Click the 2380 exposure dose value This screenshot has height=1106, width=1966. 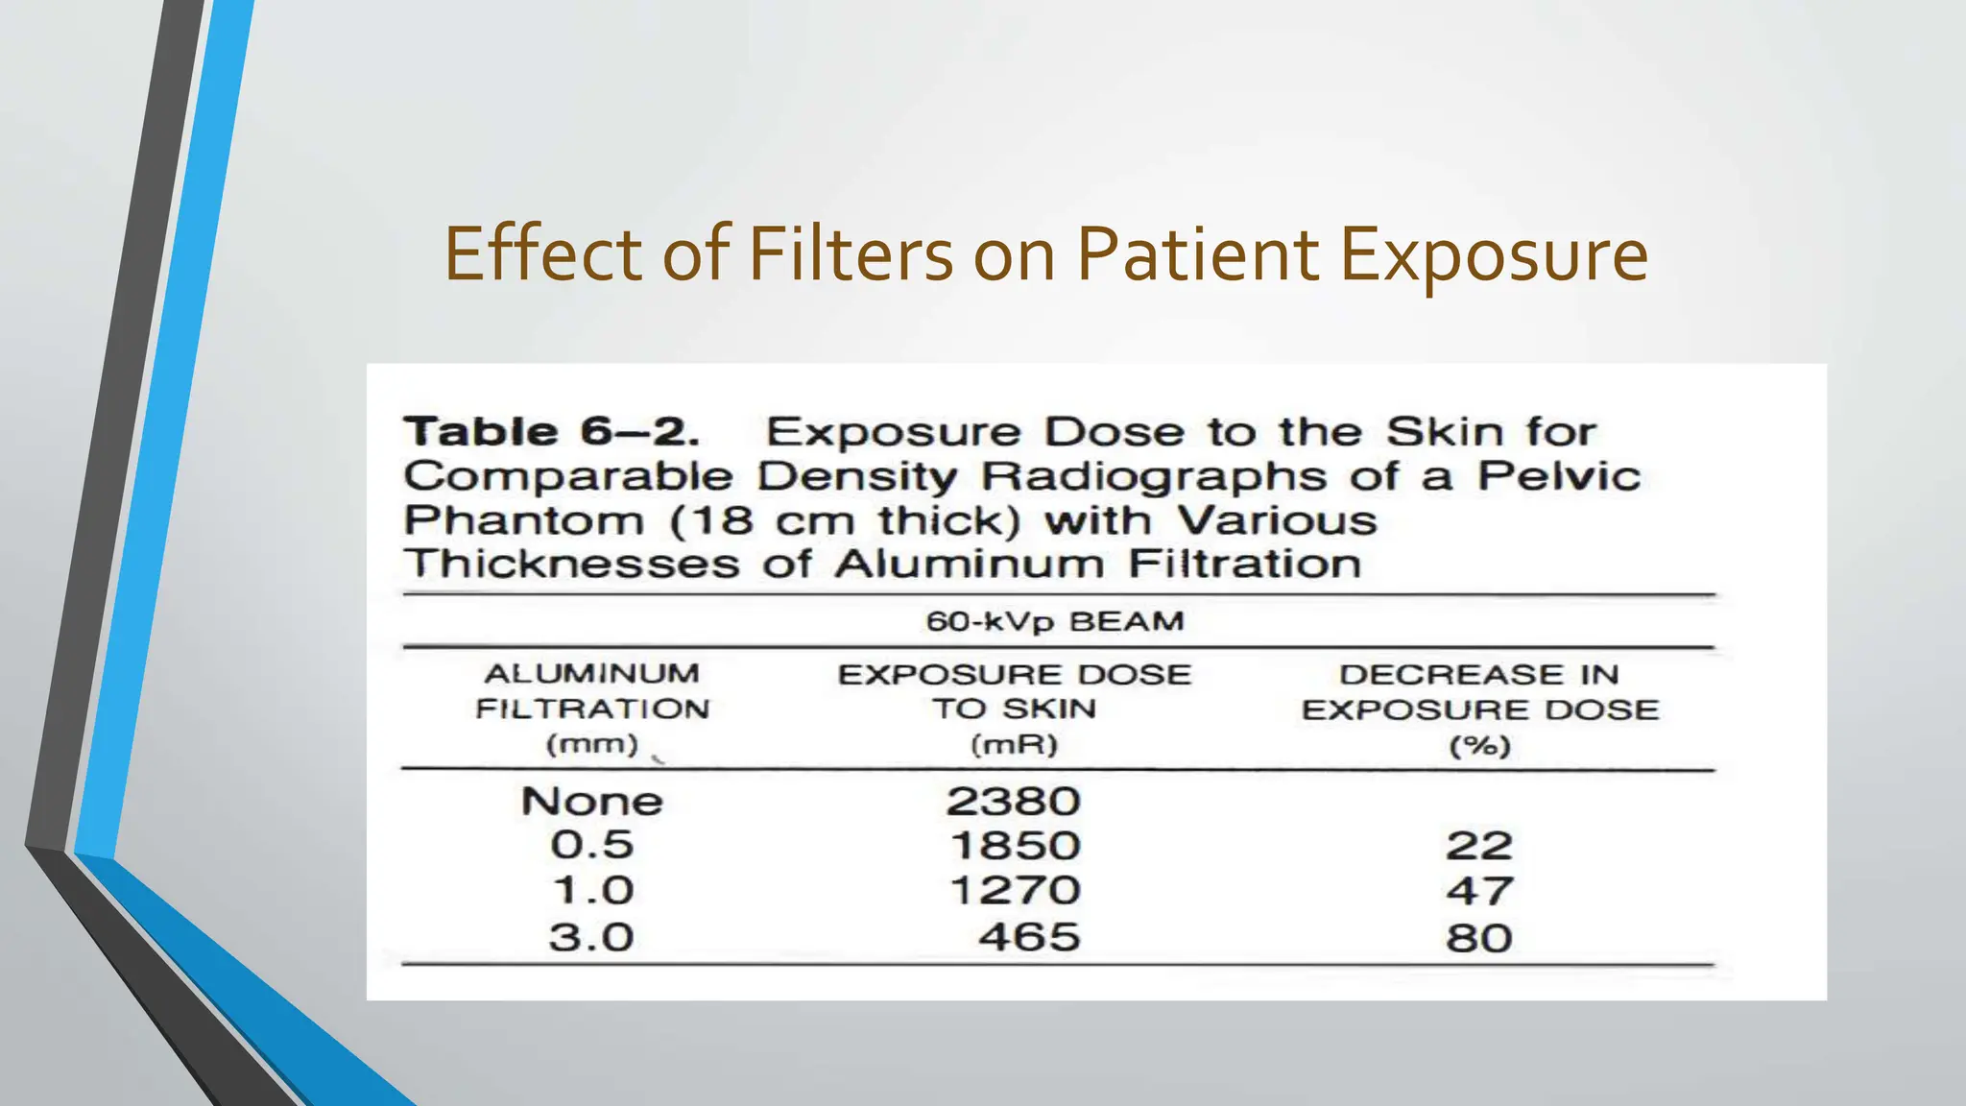1014,802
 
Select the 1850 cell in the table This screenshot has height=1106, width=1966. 1015,846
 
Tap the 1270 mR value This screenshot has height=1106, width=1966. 1015,891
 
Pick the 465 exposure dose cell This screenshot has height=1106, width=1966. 1029,937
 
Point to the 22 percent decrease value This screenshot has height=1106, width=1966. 1479,846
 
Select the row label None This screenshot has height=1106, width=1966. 591,802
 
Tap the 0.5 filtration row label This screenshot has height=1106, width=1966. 591,846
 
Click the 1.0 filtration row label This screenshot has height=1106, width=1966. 591,891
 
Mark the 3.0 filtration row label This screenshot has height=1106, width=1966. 591,937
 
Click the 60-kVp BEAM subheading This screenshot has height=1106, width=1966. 1055,622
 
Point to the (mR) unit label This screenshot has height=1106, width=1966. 1014,745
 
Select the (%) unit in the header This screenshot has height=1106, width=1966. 1479,746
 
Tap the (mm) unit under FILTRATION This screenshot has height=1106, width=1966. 591,744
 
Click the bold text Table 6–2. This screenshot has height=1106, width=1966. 551,432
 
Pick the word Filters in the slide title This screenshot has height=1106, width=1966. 851,253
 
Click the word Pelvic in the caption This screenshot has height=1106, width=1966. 1559,476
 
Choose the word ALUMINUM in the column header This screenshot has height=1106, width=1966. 591,674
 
